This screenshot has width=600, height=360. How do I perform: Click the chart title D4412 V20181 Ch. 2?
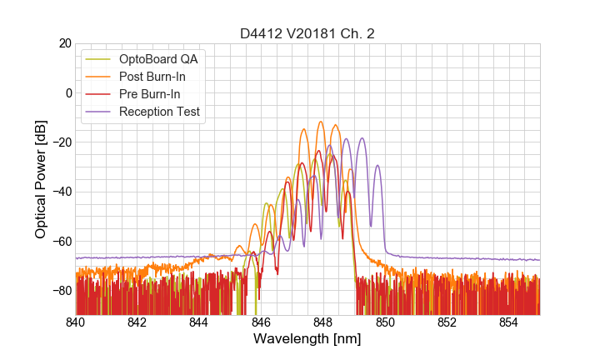coord(307,33)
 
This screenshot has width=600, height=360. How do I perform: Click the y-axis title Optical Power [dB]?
coord(41,179)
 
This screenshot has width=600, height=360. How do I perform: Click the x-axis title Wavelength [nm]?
coord(307,339)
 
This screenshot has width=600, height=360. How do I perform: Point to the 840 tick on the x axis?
coord(76,322)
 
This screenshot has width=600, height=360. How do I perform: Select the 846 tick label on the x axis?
coord(261,322)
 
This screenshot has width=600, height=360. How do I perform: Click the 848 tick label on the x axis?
coord(322,322)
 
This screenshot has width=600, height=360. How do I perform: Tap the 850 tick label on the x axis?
coord(385,322)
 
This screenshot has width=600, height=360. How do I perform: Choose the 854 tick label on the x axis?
coord(508,322)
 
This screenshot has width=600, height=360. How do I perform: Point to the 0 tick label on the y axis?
coord(67,92)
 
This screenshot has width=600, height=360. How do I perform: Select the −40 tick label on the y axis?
coord(61,192)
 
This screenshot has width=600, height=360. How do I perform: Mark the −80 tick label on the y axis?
coord(61,291)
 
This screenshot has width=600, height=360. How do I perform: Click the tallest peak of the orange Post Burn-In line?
coord(320,122)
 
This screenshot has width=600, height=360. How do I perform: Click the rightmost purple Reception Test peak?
coord(377,165)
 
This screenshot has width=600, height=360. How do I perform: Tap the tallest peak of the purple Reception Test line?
coord(362,138)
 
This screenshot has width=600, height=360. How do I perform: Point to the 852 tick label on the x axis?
coord(447,322)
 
